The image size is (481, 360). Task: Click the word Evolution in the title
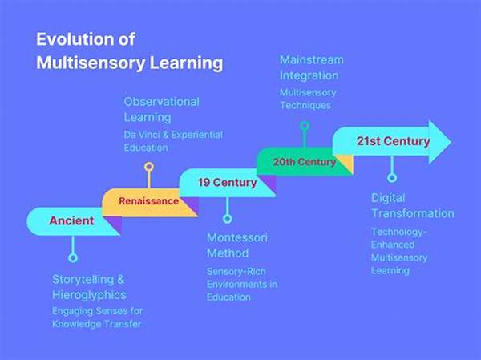[x=75, y=39]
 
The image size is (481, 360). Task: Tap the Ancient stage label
[x=71, y=220]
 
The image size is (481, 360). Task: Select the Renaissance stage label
[x=149, y=201]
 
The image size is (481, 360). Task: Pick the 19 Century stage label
[x=227, y=182]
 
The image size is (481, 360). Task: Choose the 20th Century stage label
[x=305, y=162]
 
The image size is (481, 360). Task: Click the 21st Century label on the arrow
[x=393, y=141]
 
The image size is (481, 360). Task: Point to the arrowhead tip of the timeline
[x=451, y=142]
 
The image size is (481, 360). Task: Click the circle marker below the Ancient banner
[x=73, y=257]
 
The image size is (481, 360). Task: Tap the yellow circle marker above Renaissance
[x=149, y=167]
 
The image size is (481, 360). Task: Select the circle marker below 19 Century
[x=227, y=219]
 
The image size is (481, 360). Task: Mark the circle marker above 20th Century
[x=305, y=126]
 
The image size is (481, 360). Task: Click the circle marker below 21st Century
[x=392, y=177]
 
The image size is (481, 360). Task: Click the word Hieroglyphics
[x=89, y=295]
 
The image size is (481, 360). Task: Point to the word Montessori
[x=237, y=237]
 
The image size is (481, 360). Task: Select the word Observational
[x=162, y=102]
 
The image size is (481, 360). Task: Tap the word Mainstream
[x=311, y=59]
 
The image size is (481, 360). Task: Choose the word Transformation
[x=413, y=213]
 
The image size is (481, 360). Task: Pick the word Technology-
[x=398, y=232]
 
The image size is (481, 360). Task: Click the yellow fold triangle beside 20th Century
[x=346, y=163]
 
